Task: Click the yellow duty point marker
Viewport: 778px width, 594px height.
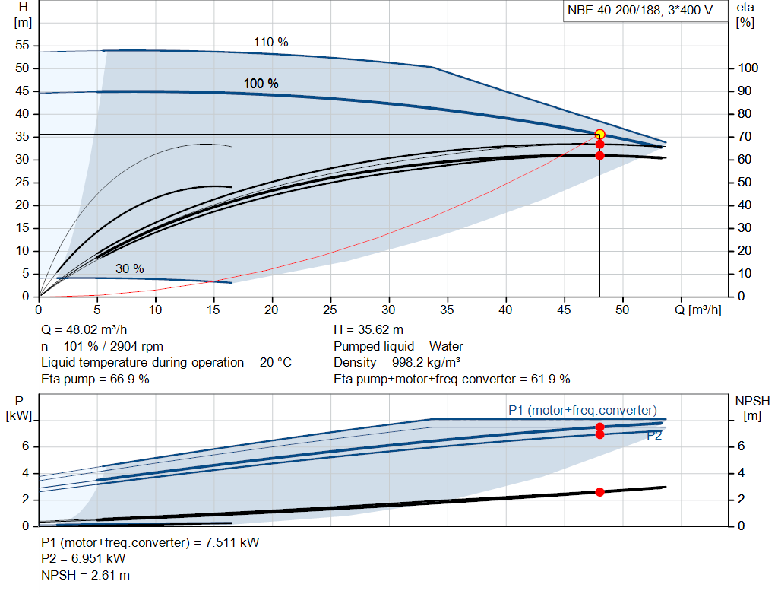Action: click(599, 135)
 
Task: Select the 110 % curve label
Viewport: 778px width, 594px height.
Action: click(270, 43)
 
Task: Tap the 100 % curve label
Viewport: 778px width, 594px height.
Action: click(261, 84)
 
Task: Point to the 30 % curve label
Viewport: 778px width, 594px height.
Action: click(129, 268)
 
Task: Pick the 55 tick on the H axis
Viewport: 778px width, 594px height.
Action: click(22, 46)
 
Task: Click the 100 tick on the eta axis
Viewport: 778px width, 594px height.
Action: click(748, 68)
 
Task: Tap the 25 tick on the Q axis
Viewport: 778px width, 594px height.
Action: click(330, 310)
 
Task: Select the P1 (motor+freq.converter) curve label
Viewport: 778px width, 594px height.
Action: click(582, 411)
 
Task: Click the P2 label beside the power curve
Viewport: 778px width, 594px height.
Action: click(654, 436)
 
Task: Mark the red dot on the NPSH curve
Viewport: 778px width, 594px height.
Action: click(599, 492)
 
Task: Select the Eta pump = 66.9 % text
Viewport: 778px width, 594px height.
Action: click(95, 379)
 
